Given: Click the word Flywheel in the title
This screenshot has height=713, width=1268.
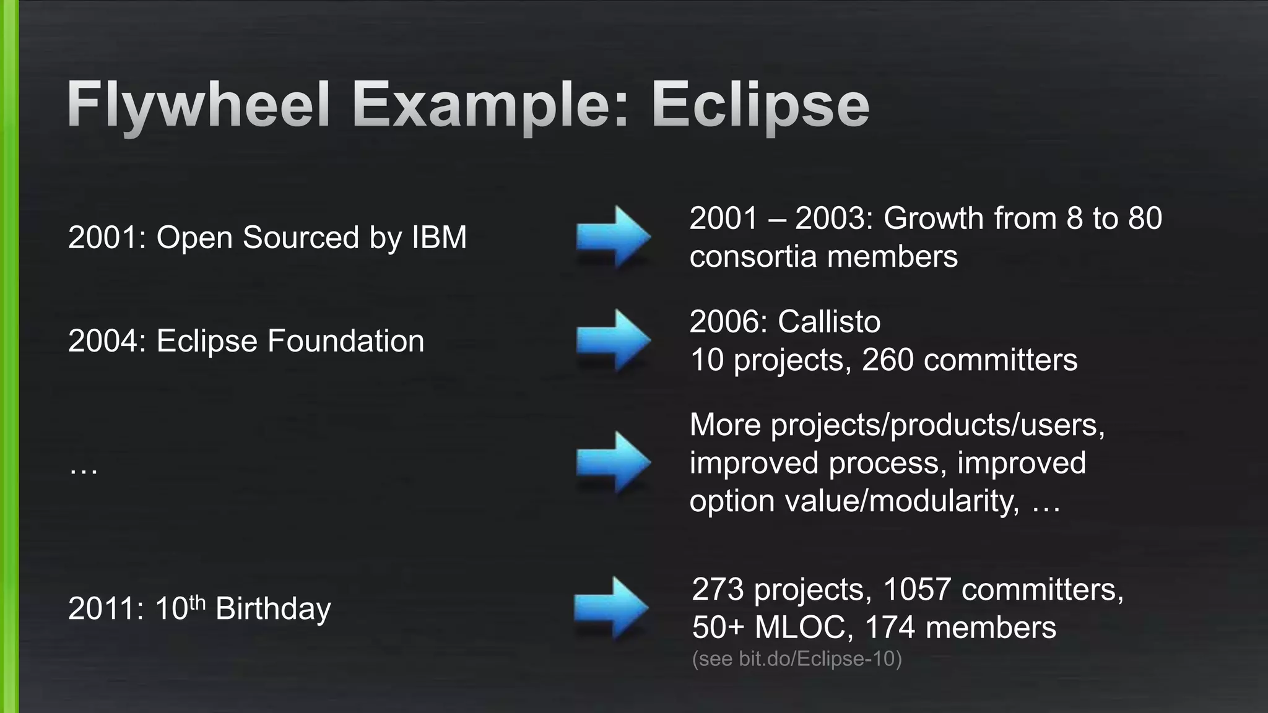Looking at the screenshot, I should pyautogui.click(x=198, y=105).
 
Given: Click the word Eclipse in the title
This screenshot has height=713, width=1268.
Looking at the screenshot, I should pyautogui.click(x=760, y=105).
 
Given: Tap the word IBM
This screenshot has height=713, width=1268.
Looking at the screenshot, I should pyautogui.click(x=439, y=238).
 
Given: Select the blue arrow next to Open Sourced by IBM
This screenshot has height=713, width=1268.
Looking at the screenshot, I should pyautogui.click(x=613, y=237).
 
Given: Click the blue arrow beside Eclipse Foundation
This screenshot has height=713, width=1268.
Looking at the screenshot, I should pyautogui.click(x=613, y=340).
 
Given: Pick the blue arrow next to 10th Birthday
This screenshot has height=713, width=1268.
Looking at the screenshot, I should pyautogui.click(x=611, y=608).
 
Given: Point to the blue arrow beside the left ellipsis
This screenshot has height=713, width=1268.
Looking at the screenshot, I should pyautogui.click(x=613, y=462).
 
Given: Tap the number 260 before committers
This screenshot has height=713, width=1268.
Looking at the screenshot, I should pyautogui.click(x=887, y=360).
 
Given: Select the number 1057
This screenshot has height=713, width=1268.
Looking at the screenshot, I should pyautogui.click(x=916, y=589).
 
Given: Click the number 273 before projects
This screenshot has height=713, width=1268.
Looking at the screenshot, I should pyautogui.click(x=718, y=589).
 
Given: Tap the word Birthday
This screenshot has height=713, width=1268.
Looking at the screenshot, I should pyautogui.click(x=273, y=609).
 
